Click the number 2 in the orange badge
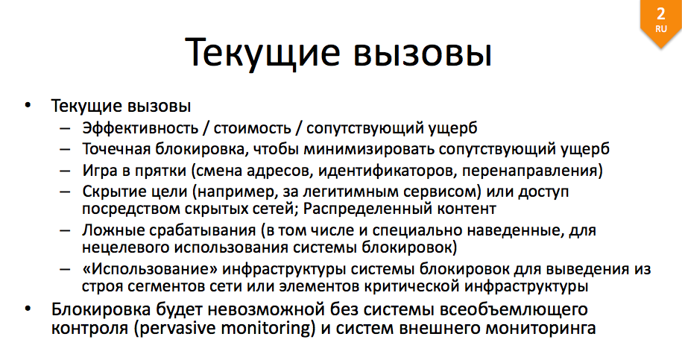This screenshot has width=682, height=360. click(x=660, y=14)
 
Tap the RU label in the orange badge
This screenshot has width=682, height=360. click(x=660, y=29)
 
